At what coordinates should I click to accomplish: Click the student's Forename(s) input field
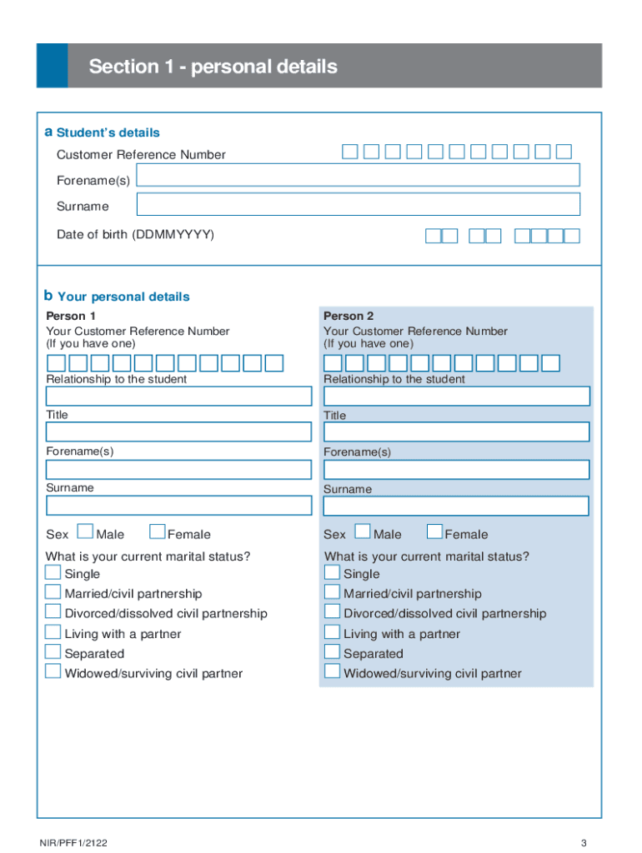pyautogui.click(x=358, y=175)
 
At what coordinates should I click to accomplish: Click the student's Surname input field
pyautogui.click(x=358, y=204)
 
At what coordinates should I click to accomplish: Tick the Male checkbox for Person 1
pyautogui.click(x=85, y=532)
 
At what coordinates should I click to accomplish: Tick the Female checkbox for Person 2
pyautogui.click(x=434, y=532)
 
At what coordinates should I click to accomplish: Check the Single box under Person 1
pyautogui.click(x=53, y=572)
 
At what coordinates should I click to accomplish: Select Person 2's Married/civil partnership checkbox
pyautogui.click(x=332, y=592)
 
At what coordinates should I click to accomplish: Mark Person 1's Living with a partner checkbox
pyautogui.click(x=53, y=632)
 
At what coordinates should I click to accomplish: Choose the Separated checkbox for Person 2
pyautogui.click(x=332, y=652)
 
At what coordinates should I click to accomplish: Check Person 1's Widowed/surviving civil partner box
pyautogui.click(x=53, y=671)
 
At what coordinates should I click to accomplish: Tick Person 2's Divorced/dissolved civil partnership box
pyautogui.click(x=332, y=612)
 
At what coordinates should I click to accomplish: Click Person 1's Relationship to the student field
pyautogui.click(x=178, y=396)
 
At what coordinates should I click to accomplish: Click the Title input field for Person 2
pyautogui.click(x=456, y=431)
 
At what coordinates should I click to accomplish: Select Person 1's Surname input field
pyautogui.click(x=178, y=506)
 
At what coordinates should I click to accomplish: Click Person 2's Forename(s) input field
pyautogui.click(x=456, y=469)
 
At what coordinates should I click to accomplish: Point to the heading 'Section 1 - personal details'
pyautogui.click(x=213, y=67)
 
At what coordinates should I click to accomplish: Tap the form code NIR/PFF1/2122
pyautogui.click(x=73, y=843)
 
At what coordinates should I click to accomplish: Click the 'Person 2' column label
pyautogui.click(x=349, y=316)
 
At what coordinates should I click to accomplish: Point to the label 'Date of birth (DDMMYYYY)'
pyautogui.click(x=135, y=235)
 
